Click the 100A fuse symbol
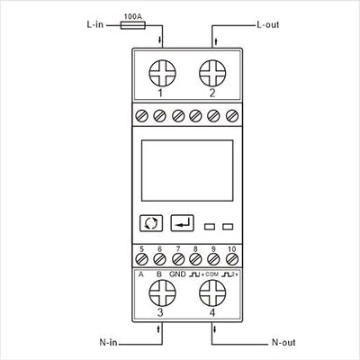point(133,25)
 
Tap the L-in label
point(94,24)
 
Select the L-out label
point(268,24)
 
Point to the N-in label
point(108,342)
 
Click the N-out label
point(283,342)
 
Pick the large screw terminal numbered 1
point(162,73)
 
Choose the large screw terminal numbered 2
point(212,73)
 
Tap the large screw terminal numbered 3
point(162,293)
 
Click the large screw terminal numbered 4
point(212,293)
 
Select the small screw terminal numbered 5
point(141,259)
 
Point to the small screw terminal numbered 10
point(232,259)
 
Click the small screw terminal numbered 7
point(178,259)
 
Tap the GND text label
point(177,274)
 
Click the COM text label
point(212,274)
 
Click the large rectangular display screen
point(187,170)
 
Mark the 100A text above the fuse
point(133,17)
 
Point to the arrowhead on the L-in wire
point(160,40)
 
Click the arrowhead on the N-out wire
point(215,330)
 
